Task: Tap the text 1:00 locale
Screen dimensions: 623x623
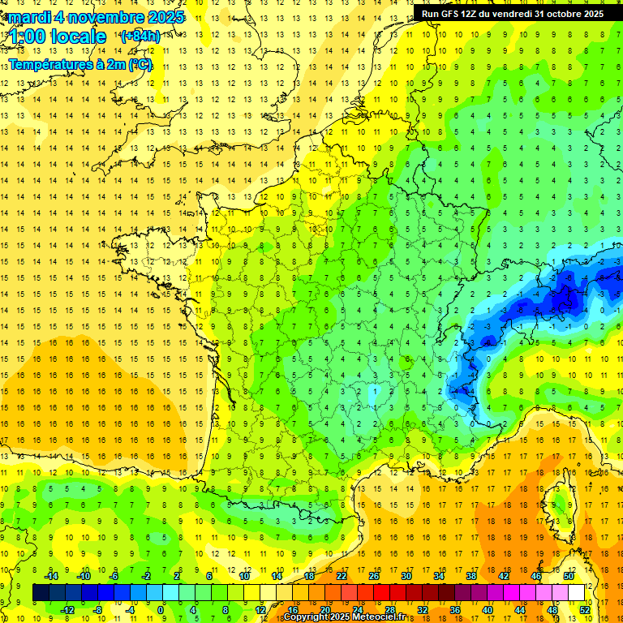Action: pos(58,37)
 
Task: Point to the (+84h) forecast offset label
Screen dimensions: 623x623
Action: pos(140,37)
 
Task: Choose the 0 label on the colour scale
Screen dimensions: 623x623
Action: pos(161,610)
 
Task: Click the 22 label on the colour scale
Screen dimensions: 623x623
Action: pos(342,575)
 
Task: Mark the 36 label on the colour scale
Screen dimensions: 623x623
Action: pos(455,610)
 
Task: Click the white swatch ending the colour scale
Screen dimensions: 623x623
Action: pos(577,593)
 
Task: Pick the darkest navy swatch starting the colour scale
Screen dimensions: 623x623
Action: pos(40,593)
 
